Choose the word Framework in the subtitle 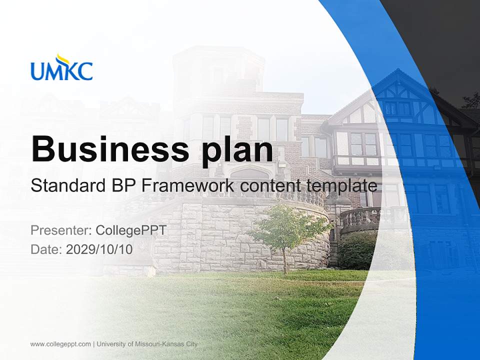189,185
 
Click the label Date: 46,249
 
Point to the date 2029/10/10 99,249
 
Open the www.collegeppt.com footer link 60,344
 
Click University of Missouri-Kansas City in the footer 147,344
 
